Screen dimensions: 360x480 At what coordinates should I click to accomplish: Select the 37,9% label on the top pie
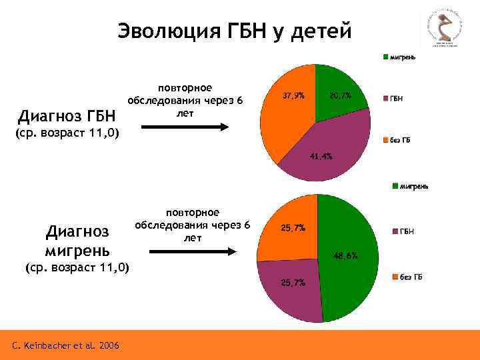coord(293,96)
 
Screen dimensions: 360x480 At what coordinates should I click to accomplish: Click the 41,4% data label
coord(320,156)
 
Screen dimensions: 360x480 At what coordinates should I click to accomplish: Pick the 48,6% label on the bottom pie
coord(345,255)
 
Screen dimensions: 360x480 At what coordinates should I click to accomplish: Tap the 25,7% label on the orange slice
coord(293,228)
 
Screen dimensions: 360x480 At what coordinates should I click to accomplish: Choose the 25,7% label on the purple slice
coord(293,283)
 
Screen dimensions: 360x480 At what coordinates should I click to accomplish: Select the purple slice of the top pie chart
coord(333,143)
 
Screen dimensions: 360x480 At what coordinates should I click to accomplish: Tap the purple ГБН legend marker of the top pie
coord(385,99)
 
